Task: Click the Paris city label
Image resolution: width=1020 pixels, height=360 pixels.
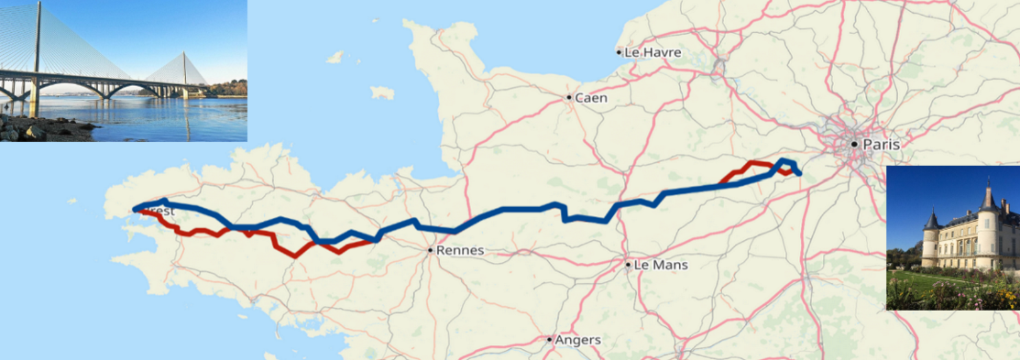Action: pos(881,145)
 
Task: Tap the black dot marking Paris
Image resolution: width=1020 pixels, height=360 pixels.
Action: pos(854,144)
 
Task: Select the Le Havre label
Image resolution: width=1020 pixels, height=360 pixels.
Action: pos(653,52)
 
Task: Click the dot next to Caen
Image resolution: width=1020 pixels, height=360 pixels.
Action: pos(569,97)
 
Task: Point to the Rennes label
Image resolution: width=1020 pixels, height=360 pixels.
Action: pos(461,250)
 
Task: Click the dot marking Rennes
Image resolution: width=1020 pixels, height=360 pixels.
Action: pos(431,249)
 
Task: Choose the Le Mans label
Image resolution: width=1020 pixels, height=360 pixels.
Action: pos(661,266)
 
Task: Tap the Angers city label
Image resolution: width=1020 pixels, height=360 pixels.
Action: pos(578,340)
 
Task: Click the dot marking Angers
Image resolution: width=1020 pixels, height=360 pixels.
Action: pos(550,340)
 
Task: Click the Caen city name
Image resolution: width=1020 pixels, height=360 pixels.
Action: pos(591,97)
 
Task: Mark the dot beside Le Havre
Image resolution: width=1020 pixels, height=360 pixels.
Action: pos(620,52)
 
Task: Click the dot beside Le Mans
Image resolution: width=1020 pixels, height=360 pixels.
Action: pos(629,266)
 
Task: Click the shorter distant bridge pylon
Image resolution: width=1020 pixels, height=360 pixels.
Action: pos(184,70)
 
